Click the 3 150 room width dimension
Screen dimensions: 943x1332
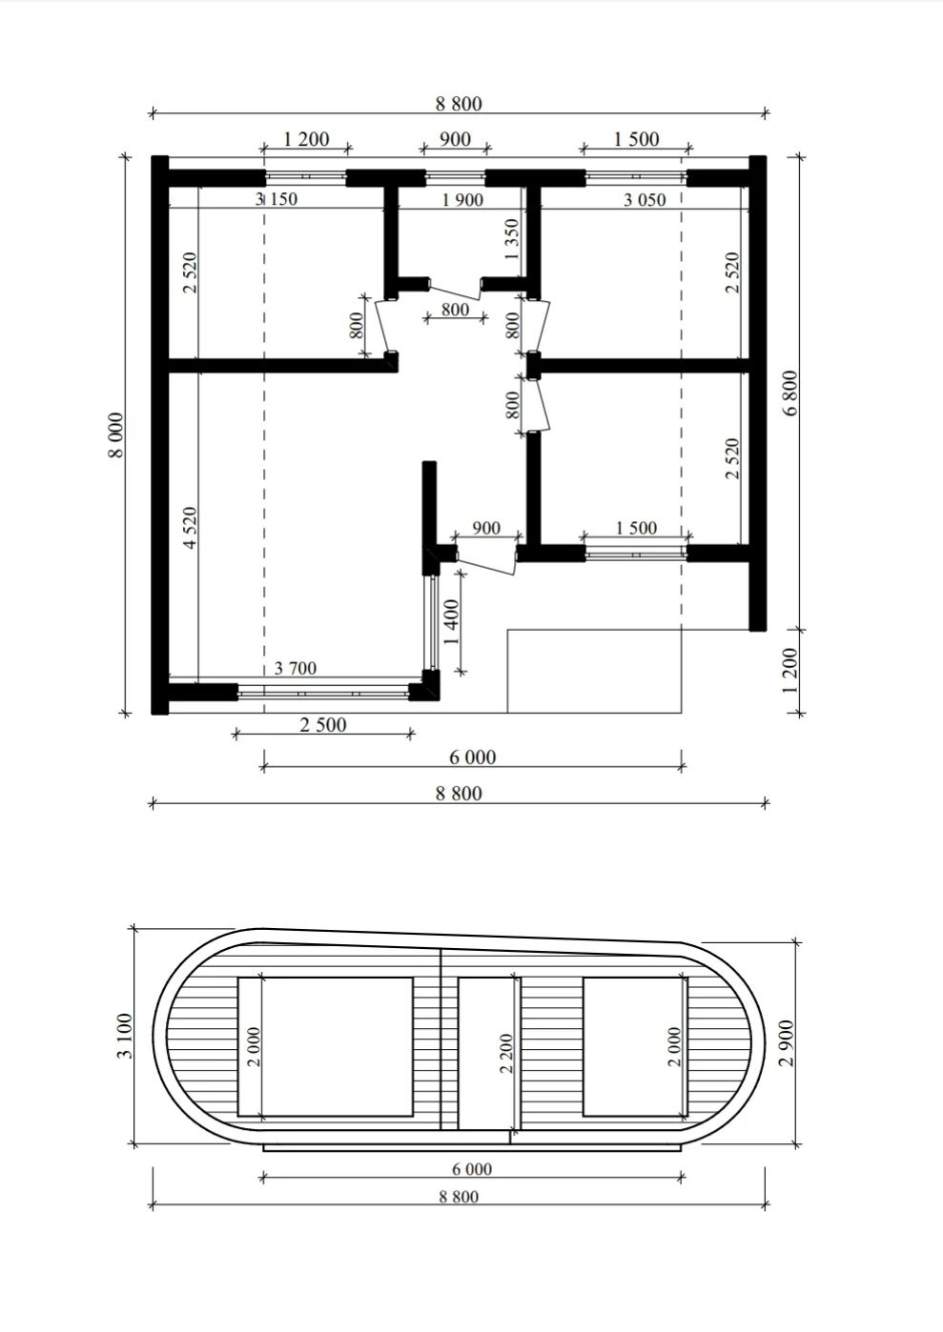coord(277,198)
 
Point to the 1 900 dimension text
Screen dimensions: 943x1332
coord(462,200)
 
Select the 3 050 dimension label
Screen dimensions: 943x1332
coord(645,200)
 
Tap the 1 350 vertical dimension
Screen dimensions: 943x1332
coord(512,240)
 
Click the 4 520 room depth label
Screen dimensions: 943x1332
coord(190,528)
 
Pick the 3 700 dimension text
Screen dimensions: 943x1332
coord(295,668)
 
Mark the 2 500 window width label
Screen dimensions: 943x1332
coord(323,725)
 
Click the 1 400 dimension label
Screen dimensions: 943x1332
coord(452,622)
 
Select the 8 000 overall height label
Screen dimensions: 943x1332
coord(116,435)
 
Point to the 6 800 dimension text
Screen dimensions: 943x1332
coord(790,394)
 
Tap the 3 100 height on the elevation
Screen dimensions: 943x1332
coord(125,1036)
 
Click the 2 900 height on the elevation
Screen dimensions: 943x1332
coord(787,1043)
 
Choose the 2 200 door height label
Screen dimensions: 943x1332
coord(505,1053)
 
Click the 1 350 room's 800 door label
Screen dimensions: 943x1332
coord(455,310)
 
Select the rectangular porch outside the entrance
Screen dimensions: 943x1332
coord(594,671)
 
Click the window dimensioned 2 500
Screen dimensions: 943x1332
coord(323,693)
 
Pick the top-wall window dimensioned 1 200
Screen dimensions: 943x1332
coord(306,177)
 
